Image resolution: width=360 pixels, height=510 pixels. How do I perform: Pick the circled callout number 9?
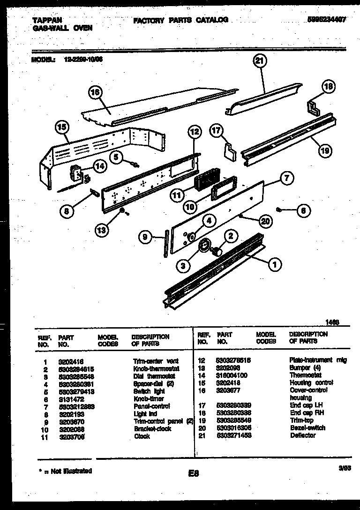tap(146, 238)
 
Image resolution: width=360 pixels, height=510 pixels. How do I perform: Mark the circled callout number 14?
tap(99, 165)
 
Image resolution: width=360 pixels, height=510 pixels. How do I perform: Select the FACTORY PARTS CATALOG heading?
tap(180, 20)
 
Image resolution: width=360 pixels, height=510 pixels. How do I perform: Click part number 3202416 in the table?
tap(69, 361)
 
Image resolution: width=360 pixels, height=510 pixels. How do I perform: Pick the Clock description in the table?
tap(142, 436)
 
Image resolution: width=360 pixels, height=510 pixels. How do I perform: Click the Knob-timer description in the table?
tap(149, 399)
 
